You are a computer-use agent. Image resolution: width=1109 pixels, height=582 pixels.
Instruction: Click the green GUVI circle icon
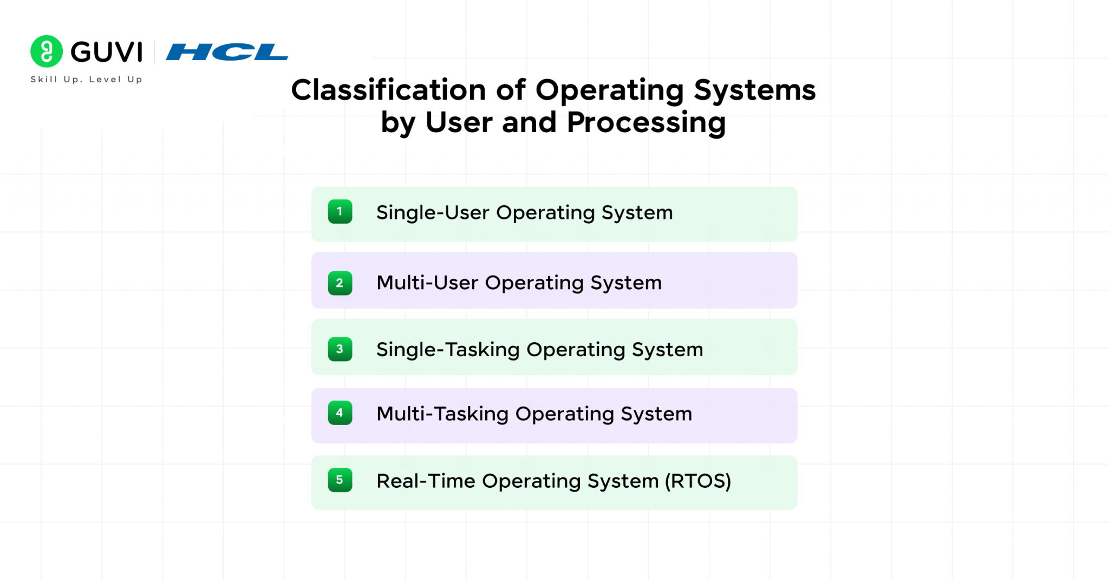[47, 51]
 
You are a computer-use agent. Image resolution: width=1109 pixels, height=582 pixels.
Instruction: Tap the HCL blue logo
[227, 52]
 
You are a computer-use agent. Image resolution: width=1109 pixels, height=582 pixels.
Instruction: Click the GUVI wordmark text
[107, 53]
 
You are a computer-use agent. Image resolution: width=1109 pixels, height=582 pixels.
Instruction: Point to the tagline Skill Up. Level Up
[87, 80]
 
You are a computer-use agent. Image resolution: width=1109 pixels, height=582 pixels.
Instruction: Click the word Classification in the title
[388, 90]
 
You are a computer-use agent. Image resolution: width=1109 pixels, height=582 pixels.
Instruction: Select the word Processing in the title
[646, 123]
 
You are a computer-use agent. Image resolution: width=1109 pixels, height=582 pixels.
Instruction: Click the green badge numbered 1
[340, 212]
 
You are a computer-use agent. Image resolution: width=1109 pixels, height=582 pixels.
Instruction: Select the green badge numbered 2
[340, 283]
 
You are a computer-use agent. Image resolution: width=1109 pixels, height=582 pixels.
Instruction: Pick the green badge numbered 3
[340, 349]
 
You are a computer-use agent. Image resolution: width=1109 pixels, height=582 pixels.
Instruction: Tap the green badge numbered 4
[340, 413]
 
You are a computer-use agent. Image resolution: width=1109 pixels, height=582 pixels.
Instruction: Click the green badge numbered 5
[340, 480]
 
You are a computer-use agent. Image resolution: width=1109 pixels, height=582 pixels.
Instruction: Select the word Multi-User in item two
[427, 283]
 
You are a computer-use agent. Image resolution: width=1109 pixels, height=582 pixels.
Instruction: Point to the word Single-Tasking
[448, 350]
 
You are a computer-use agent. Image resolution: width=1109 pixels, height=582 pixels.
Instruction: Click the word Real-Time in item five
[426, 481]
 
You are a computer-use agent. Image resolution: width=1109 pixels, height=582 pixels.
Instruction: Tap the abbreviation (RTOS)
[698, 481]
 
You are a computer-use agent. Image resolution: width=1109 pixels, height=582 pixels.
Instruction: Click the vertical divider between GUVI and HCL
[154, 52]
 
